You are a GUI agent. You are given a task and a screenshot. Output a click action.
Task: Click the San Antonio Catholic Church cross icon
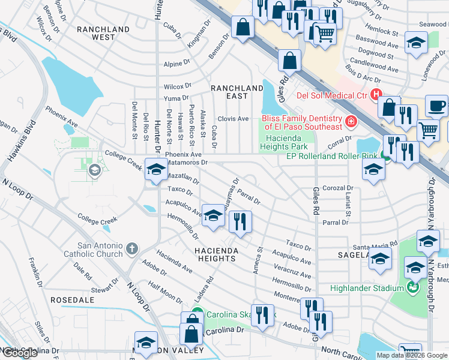tap(132, 248)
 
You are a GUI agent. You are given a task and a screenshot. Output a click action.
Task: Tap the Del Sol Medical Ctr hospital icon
tap(376, 95)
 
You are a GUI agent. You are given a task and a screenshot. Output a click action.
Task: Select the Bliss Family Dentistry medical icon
tap(350, 122)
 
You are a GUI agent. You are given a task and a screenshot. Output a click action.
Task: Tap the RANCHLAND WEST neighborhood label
tap(103, 33)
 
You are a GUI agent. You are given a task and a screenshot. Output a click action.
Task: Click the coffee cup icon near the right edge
tap(437, 106)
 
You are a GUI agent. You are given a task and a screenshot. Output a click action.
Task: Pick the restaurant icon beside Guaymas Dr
tap(240, 221)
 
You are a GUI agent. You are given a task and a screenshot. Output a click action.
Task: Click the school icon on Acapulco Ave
tap(213, 215)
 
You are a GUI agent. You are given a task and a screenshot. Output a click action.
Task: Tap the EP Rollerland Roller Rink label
tap(333, 157)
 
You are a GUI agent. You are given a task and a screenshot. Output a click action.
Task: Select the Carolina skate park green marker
tap(195, 314)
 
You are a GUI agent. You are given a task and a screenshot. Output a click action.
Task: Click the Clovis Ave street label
tap(233, 119)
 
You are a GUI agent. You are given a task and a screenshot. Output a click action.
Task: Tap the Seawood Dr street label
tap(434, 24)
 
